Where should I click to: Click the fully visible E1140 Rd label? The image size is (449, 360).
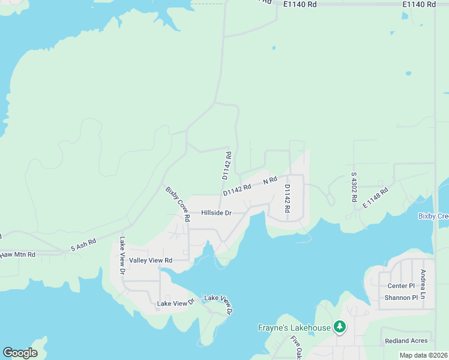[420, 4]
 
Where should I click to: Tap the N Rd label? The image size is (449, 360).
[270, 181]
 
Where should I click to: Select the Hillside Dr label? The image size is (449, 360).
[216, 213]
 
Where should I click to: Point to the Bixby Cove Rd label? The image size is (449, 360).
[178, 204]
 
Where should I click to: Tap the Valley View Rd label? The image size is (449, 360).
[151, 260]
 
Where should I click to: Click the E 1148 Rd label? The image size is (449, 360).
[376, 198]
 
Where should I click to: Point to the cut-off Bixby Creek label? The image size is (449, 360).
[433, 216]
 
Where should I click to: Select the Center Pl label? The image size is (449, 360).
[401, 286]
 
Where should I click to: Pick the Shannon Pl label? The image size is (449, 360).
[401, 298]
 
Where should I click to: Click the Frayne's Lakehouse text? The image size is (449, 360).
[294, 328]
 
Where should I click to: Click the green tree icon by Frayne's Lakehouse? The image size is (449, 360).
[340, 327]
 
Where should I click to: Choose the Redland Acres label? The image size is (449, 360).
[405, 341]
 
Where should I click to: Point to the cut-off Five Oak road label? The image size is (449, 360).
[295, 347]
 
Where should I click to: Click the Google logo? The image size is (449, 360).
[20, 353]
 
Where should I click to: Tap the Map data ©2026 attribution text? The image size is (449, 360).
[423, 355]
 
